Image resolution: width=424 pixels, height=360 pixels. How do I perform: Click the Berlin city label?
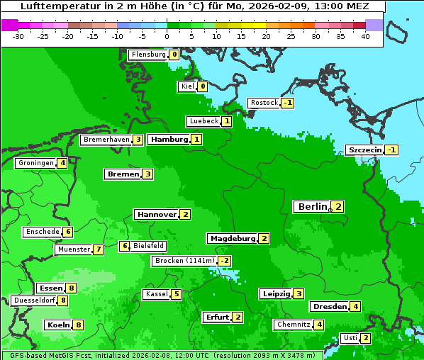point(312,206)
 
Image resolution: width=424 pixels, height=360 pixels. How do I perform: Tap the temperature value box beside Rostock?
point(287,103)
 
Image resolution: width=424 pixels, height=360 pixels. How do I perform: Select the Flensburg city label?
point(148,54)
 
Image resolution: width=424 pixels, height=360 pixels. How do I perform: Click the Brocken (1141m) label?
point(184,261)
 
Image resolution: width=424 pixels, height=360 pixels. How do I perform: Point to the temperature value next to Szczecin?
point(391,150)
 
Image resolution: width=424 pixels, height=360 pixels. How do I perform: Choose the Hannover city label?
point(156,214)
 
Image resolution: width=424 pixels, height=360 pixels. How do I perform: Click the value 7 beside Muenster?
point(98,249)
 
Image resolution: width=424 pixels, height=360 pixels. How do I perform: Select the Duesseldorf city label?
point(34,300)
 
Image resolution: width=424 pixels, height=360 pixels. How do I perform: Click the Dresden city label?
point(329,307)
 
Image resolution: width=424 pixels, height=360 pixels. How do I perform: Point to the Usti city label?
point(350,337)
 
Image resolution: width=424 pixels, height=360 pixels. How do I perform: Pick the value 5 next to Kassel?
point(176,294)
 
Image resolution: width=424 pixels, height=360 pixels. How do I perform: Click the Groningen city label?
point(36,163)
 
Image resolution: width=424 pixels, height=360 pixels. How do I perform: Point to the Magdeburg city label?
point(233,238)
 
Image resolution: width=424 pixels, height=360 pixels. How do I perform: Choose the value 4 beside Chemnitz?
point(319,325)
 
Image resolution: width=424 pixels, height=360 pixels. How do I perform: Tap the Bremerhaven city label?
point(106,140)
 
